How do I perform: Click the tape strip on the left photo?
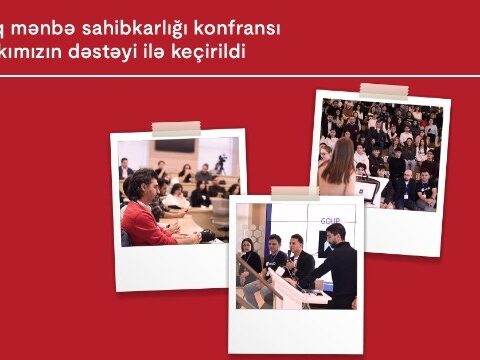[176, 128]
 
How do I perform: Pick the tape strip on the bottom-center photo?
[294, 193]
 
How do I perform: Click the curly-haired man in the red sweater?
[146, 212]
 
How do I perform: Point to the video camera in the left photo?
[220, 160]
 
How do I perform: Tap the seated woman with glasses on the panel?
[249, 262]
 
